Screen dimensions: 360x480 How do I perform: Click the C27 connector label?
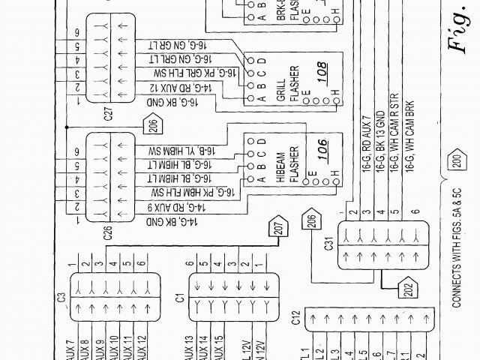[x=108, y=115]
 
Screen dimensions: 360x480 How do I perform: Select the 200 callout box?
[x=456, y=160]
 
